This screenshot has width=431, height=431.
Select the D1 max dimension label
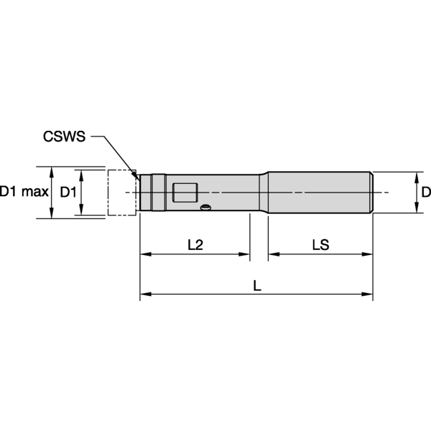[x=24, y=192]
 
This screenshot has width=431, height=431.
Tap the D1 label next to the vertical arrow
[x=68, y=192]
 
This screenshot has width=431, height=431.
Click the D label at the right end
[x=425, y=192]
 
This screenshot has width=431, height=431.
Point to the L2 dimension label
[x=195, y=244]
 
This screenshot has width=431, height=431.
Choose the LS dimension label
[x=320, y=244]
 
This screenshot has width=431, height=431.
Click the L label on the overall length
[x=256, y=284]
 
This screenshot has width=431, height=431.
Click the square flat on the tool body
[x=185, y=193]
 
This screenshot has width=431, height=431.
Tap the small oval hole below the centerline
[x=206, y=209]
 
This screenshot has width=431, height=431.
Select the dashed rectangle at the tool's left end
[x=121, y=192]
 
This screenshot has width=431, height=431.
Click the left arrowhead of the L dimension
[x=144, y=294]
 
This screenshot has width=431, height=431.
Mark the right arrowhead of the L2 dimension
[x=245, y=254]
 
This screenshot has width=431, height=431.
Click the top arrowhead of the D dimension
[x=417, y=176]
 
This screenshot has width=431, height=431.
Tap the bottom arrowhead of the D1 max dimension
[x=51, y=213]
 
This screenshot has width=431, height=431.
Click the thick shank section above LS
[x=320, y=192]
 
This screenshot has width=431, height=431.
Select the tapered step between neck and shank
[x=264, y=192]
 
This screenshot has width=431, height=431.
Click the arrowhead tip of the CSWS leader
[x=138, y=176]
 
